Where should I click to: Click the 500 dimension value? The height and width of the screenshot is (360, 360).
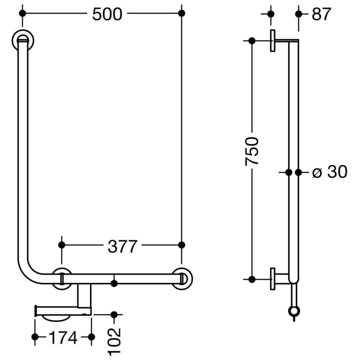[107, 14]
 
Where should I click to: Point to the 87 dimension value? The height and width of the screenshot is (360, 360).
[321, 14]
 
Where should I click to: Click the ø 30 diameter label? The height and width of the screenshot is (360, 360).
[330, 172]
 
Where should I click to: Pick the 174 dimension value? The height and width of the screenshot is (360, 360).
[63, 338]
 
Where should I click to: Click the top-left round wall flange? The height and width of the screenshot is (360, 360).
[23, 39]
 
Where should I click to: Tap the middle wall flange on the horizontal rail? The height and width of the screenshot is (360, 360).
[63, 278]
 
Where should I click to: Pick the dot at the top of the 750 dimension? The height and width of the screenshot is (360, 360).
[251, 41]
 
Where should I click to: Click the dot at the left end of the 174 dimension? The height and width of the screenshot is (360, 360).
[35, 337]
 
